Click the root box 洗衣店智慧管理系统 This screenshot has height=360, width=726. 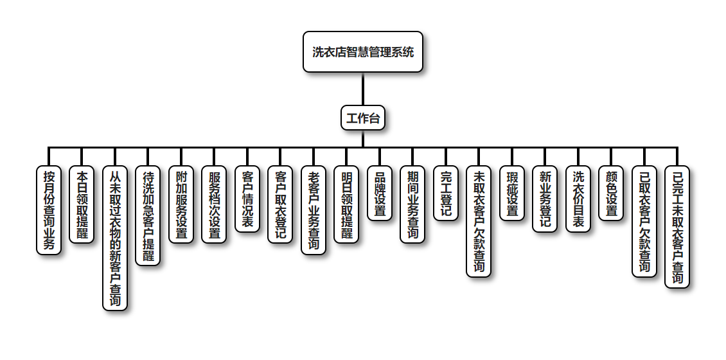(x=363, y=52)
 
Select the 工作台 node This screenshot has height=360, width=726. (x=363, y=118)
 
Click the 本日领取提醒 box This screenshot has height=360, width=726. (x=82, y=204)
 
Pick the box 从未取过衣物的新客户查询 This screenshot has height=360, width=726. (x=116, y=238)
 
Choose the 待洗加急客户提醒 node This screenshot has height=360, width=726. (x=148, y=215)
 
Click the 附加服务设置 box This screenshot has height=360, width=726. (x=182, y=204)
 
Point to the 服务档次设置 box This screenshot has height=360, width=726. (x=215, y=204)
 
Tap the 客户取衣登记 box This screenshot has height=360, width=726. (x=281, y=204)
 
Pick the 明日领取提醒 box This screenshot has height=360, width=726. (x=347, y=204)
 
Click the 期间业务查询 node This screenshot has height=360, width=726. (x=413, y=204)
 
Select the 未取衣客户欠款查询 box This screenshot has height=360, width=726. (x=479, y=221)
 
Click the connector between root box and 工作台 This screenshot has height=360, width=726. (x=363, y=89)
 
